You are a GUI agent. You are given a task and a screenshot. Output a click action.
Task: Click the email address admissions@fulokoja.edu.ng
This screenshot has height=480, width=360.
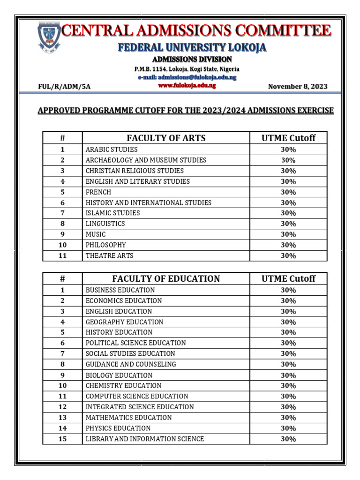pyautogui.click(x=187, y=77)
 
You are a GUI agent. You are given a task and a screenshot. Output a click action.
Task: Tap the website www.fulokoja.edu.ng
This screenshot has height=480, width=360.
pyautogui.click(x=187, y=86)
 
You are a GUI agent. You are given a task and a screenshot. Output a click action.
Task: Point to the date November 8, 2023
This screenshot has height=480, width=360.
pyautogui.click(x=298, y=87)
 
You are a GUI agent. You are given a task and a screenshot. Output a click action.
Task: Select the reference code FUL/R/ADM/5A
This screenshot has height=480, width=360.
pyautogui.click(x=64, y=87)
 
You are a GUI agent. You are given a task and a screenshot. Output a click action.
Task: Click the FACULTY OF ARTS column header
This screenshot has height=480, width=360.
pyautogui.click(x=166, y=138)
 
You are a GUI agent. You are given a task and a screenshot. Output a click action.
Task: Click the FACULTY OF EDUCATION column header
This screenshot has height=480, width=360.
pyautogui.click(x=166, y=278)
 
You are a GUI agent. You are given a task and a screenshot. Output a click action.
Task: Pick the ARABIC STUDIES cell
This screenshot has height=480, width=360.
pyautogui.click(x=112, y=150)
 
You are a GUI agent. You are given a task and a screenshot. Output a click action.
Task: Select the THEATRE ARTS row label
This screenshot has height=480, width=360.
pyautogui.click(x=109, y=255)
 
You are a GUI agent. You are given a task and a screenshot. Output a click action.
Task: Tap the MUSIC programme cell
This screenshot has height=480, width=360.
pyautogui.click(x=96, y=234)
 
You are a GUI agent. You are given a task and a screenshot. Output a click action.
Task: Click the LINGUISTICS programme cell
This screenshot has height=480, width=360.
pyautogui.click(x=105, y=224)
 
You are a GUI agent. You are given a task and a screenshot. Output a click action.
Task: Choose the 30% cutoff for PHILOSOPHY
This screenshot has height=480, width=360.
pyautogui.click(x=288, y=245)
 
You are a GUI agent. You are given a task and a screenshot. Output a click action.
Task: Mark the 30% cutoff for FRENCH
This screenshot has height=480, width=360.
pyautogui.click(x=288, y=192)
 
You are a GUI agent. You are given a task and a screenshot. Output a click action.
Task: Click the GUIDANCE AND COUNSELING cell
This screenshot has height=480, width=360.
pyautogui.click(x=131, y=364)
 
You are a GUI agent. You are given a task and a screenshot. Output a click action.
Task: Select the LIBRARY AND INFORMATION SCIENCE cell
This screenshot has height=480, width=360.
pyautogui.click(x=144, y=439)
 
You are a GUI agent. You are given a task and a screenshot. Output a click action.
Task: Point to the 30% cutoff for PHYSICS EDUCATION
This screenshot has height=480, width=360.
pyautogui.click(x=288, y=428)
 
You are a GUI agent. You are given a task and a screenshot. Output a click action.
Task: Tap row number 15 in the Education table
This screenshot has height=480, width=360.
pyautogui.click(x=62, y=439)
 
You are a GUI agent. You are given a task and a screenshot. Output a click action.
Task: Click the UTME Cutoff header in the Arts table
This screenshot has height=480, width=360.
pyautogui.click(x=288, y=138)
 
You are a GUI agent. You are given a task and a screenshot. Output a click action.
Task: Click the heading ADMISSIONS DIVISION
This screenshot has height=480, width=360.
pyautogui.click(x=192, y=59)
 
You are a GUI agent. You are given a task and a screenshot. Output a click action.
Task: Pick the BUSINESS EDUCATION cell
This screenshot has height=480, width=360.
pyautogui.click(x=120, y=290)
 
